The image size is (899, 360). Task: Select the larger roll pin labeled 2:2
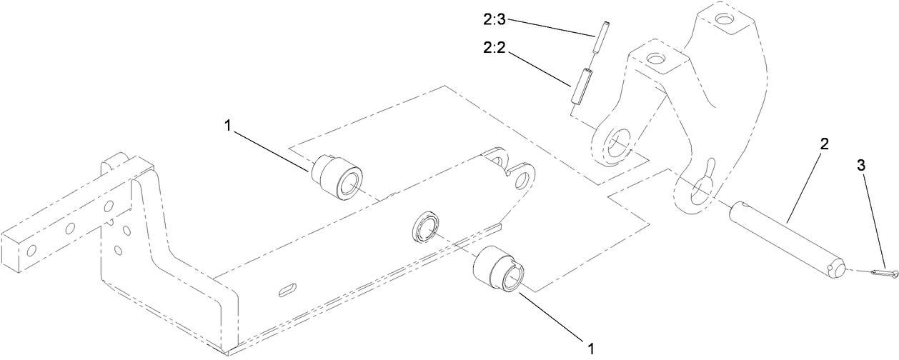580,85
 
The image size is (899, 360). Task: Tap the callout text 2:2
494,49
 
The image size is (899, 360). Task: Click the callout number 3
861,165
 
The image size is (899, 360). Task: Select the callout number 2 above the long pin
824,144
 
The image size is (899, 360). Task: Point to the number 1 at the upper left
227,125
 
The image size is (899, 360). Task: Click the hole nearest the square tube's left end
31,251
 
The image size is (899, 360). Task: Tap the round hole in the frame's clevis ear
525,176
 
